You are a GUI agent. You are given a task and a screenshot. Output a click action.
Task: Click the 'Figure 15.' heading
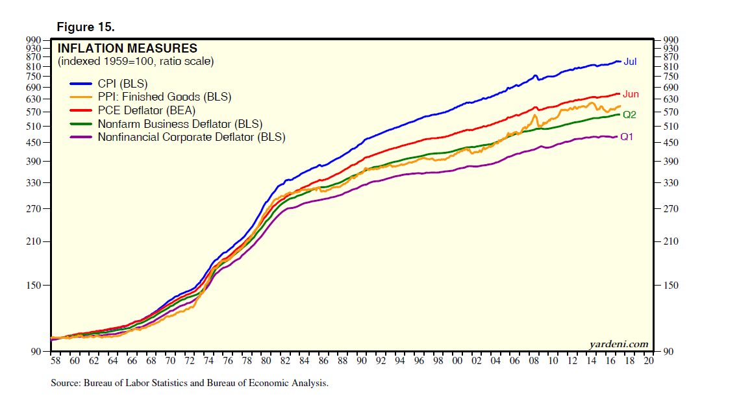coord(86,27)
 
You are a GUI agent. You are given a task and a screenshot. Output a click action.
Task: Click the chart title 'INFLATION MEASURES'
coord(127,49)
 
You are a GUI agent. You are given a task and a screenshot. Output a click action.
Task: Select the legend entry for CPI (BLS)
coord(122,84)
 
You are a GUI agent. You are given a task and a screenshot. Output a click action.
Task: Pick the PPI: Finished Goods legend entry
coord(164,97)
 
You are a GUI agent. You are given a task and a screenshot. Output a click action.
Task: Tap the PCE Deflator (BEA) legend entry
coord(146,110)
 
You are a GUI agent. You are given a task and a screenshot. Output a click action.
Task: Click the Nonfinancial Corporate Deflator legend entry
coord(191,137)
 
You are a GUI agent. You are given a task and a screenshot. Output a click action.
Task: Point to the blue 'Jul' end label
coord(630,62)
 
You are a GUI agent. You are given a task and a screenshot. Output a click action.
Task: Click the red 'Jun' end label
coord(631,94)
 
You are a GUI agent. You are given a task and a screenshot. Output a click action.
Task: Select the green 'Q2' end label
coord(629,115)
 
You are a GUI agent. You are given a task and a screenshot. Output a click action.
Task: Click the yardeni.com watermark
coord(619,344)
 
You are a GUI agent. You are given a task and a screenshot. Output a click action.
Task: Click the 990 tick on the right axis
coord(671,40)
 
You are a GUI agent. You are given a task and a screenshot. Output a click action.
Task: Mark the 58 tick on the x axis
coord(55,361)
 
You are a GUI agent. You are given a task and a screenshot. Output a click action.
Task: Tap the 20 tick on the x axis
coord(648,361)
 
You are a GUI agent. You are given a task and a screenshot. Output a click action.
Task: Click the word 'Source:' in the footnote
coord(66,384)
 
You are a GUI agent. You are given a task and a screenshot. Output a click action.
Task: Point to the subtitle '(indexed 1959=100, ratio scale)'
coord(136,62)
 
